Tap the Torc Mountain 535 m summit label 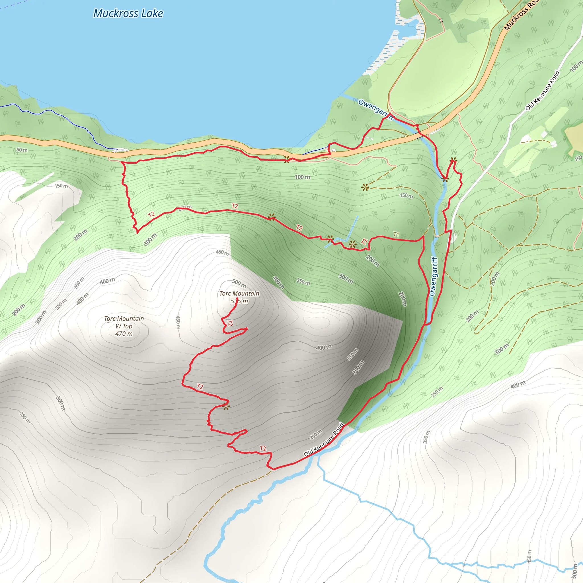(239, 297)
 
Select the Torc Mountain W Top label (124, 322)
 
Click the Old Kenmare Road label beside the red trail (323, 440)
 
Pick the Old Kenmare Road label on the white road (542, 91)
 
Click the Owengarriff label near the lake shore (375, 109)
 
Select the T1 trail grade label (396, 235)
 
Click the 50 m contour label (22, 150)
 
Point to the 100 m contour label (302, 177)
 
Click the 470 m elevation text (124, 334)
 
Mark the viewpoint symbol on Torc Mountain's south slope (226, 407)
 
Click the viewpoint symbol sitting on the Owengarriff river (445, 179)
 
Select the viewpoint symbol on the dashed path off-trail (365, 187)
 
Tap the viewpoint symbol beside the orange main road (287, 159)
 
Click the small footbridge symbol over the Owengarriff (437, 236)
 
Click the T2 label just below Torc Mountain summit (230, 323)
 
